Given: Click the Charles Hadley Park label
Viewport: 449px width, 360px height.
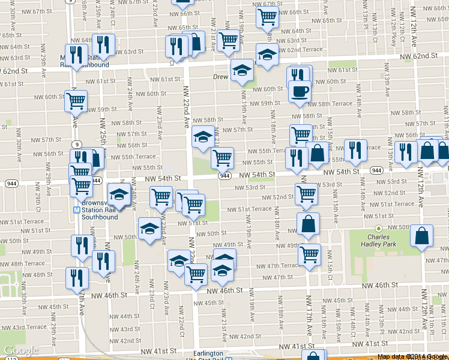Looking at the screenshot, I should (379, 241).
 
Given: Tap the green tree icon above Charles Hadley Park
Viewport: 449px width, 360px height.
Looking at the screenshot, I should (379, 229).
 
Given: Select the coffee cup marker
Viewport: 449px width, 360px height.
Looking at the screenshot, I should (300, 91).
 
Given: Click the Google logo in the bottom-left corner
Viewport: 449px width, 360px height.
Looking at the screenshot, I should (21, 350).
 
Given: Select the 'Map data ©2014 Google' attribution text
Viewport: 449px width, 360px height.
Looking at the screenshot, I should (412, 356).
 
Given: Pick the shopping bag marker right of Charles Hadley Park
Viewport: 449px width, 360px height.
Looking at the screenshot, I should (422, 237).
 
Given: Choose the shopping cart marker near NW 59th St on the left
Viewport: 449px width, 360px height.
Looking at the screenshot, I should (76, 101).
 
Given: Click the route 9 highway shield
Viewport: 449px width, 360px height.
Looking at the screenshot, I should (77, 145).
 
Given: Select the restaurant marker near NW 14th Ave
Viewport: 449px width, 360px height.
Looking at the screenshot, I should (355, 150).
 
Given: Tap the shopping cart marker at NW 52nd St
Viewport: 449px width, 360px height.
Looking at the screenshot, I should (306, 194).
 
